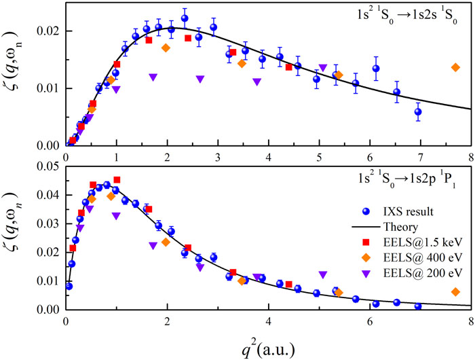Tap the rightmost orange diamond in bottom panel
[455, 292]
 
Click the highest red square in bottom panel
[117, 180]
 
